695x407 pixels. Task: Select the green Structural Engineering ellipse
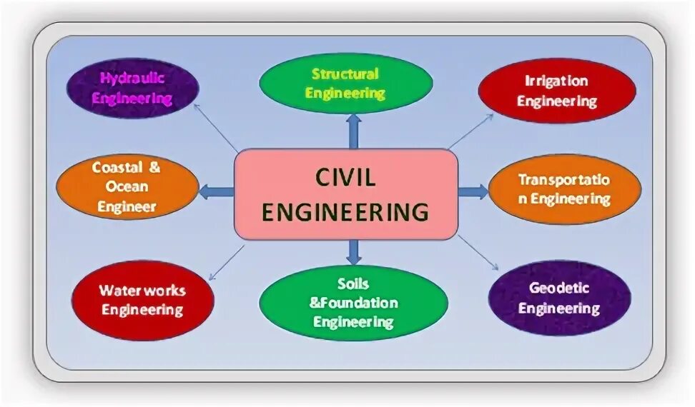click(x=345, y=84)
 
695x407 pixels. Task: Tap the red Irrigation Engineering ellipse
click(x=556, y=91)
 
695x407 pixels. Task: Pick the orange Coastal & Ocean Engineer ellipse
click(x=127, y=187)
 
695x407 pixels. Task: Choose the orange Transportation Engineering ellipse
click(x=564, y=189)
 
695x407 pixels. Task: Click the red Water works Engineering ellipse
click(x=142, y=300)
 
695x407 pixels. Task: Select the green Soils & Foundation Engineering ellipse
click(x=353, y=303)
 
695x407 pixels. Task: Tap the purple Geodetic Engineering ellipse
click(x=559, y=298)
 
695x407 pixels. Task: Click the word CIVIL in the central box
click(x=345, y=178)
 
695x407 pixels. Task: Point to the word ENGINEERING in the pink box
click(x=345, y=212)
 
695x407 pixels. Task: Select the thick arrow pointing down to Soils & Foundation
click(x=353, y=251)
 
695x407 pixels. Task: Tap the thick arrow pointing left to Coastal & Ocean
click(x=217, y=191)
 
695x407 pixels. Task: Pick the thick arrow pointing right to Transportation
click(x=473, y=191)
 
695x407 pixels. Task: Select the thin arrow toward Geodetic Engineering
click(x=478, y=253)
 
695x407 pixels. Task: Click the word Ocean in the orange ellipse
click(x=129, y=187)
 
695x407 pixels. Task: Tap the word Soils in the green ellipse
click(x=353, y=284)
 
